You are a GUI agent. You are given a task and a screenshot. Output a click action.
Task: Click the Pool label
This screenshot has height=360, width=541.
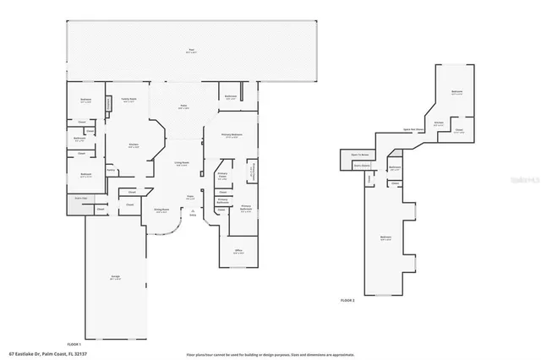[x=190, y=52]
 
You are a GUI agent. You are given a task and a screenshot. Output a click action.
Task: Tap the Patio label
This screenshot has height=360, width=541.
[x=183, y=106]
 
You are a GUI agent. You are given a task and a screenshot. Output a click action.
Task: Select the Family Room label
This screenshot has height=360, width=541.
[x=128, y=100]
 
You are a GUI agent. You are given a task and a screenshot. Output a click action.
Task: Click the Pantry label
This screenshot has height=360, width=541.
[x=111, y=169]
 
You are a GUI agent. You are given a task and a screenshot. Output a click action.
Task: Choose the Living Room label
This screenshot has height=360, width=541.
[x=181, y=164]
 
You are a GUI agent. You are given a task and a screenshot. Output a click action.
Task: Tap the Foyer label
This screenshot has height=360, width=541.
[x=190, y=197]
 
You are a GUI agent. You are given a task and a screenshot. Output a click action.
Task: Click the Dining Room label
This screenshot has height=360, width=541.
[x=161, y=211]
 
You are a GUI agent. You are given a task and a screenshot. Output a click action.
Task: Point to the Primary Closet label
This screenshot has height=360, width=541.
[x=223, y=176]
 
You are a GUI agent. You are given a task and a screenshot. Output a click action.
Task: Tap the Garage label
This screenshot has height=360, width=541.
[x=115, y=277]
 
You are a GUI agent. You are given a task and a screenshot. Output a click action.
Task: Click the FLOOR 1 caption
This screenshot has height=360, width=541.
[x=74, y=344]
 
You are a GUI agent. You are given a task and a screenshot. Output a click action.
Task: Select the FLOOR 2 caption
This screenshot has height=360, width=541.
[x=347, y=300]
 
